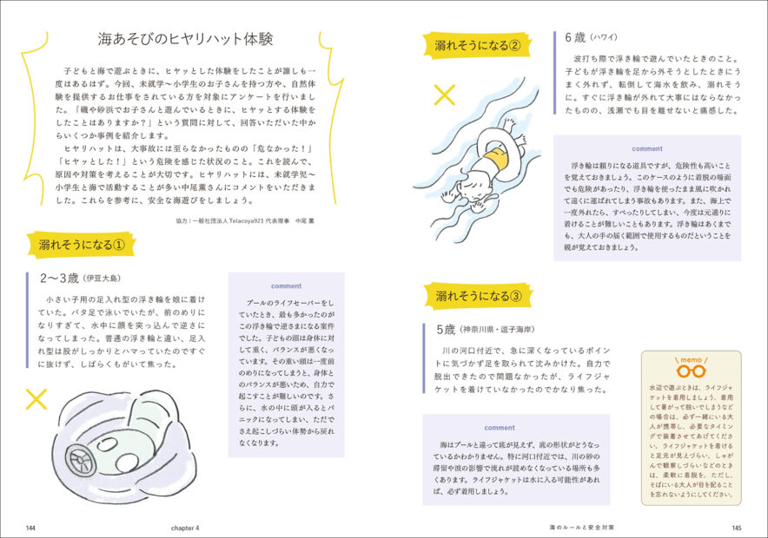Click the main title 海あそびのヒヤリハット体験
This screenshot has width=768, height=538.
[186, 40]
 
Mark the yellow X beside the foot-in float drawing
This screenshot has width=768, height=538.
[36, 398]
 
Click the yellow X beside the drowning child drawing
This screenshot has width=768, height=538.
[444, 95]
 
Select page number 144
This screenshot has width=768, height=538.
[31, 527]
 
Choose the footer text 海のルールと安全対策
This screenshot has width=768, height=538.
[582, 527]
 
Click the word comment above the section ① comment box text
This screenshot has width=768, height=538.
[286, 285]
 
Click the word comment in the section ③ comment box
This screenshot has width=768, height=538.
[500, 427]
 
